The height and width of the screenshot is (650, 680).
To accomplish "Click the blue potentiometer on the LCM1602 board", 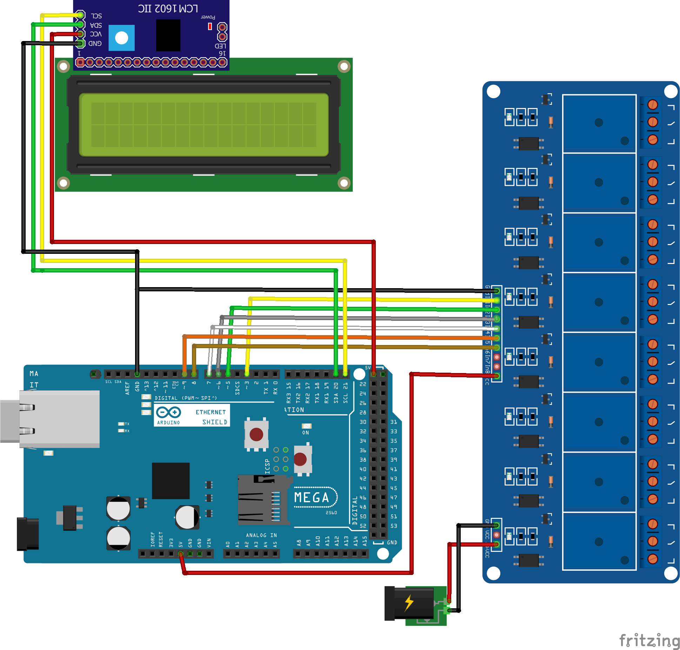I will [121, 38].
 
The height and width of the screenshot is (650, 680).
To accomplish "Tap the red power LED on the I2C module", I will [210, 26].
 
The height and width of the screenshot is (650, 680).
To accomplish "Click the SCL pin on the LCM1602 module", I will [80, 15].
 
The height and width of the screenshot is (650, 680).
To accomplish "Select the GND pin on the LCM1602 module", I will [80, 43].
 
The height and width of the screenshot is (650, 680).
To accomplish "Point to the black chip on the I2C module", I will [168, 35].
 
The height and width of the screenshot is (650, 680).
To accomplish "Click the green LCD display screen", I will [204, 124].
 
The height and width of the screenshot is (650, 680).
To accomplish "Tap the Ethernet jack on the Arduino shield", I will [53, 419].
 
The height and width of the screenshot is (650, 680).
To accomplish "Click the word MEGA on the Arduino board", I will [312, 497].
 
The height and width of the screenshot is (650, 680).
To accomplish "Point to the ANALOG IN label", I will [261, 535].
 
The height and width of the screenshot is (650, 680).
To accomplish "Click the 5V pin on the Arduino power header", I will [181, 554].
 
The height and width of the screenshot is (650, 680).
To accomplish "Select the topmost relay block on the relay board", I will [599, 123].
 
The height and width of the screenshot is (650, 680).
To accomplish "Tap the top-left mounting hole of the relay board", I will [493, 92].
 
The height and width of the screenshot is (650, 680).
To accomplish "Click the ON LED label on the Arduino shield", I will [306, 433].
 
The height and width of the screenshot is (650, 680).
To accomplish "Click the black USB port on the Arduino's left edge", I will [28, 534].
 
